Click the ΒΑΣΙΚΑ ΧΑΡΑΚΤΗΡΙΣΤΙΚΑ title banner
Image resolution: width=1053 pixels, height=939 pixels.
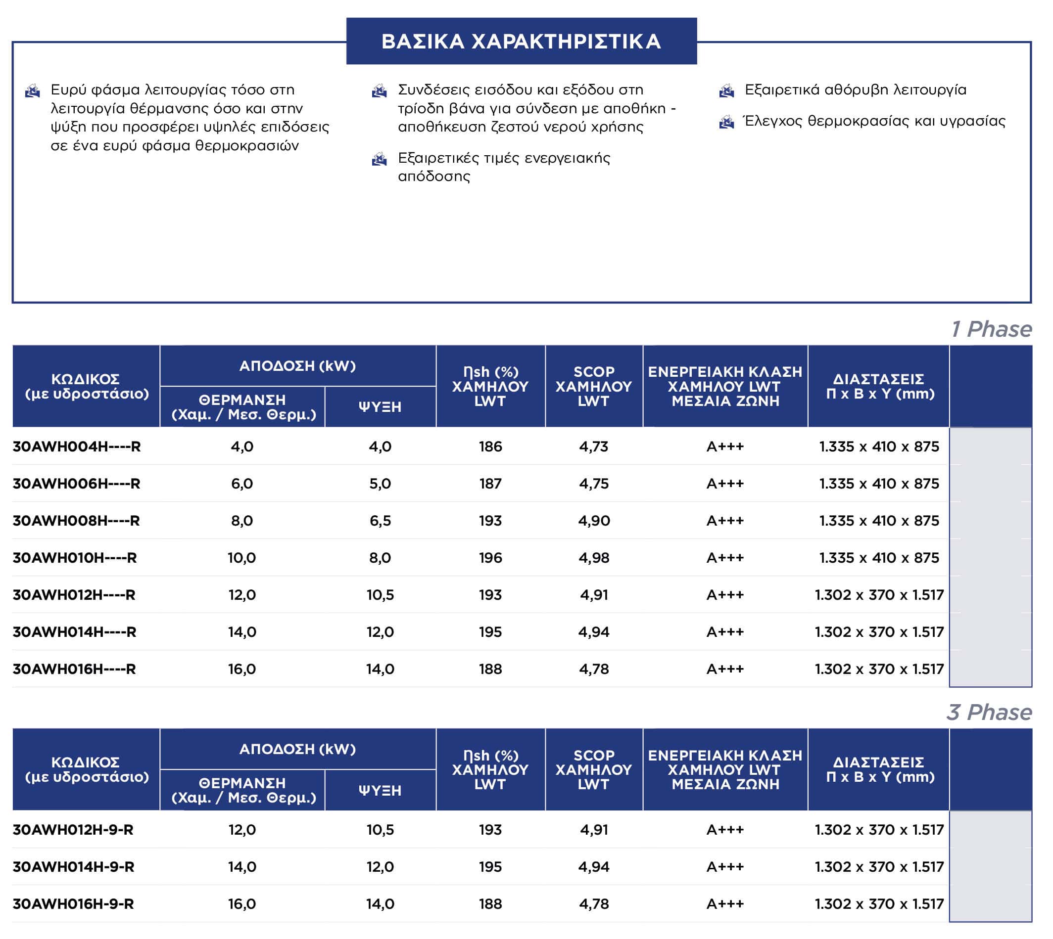[522, 41]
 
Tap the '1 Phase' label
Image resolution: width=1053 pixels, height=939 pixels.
[991, 329]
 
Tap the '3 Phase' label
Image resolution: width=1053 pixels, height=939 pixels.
[989, 713]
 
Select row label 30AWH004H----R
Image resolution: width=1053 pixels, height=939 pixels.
[76, 447]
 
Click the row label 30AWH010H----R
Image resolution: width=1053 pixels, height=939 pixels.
[75, 558]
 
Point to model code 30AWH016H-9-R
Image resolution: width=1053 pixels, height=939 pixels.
[73, 904]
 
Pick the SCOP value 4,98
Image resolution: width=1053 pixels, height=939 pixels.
[594, 558]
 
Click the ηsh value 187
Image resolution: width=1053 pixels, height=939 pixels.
[490, 484]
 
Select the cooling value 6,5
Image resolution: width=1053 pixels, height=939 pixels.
[380, 521]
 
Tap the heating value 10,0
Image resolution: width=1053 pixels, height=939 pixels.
[241, 558]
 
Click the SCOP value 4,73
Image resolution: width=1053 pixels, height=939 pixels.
[594, 447]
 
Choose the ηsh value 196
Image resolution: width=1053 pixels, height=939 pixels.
[490, 558]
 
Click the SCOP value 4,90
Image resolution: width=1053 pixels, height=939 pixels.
[594, 521]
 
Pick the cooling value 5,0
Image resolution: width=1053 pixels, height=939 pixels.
[380, 484]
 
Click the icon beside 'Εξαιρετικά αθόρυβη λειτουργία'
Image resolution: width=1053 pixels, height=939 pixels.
[726, 91]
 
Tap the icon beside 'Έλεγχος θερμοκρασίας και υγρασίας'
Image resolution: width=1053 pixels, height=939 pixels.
[726, 122]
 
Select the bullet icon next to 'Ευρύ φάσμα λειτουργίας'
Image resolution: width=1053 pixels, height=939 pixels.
[33, 91]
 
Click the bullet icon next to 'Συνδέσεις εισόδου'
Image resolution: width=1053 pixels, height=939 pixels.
[380, 91]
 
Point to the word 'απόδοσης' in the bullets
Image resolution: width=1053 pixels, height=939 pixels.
[434, 177]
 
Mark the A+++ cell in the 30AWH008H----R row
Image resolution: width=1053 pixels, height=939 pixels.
[725, 521]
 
